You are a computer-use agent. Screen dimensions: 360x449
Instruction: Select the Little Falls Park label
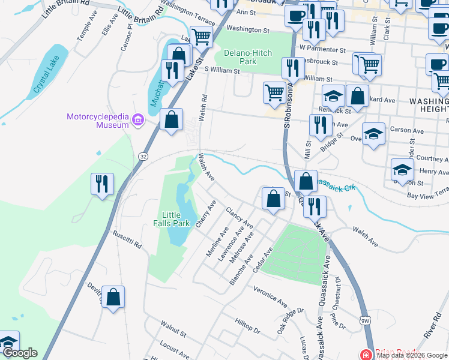175,219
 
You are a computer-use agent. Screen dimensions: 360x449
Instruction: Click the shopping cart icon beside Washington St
201,37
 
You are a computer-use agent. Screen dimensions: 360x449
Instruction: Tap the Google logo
20,353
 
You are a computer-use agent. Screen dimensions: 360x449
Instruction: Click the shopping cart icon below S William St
274,92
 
